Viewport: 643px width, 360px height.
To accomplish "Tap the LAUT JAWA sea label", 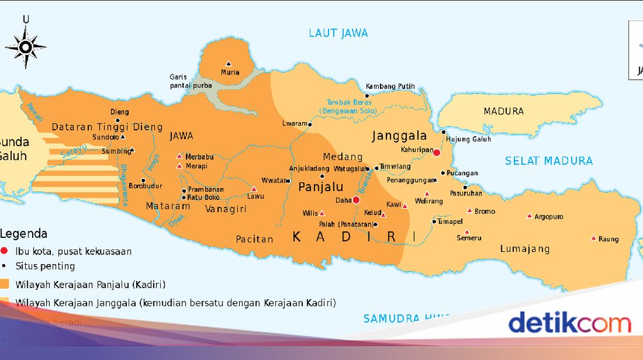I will (x=338, y=33).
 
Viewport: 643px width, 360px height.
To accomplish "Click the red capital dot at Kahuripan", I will (x=437, y=153).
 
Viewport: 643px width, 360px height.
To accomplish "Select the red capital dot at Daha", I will (x=356, y=200).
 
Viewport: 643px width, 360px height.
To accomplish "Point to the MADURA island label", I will (x=503, y=111).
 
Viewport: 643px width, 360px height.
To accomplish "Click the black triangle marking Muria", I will (x=229, y=63).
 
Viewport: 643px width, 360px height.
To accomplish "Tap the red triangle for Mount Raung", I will (x=593, y=238).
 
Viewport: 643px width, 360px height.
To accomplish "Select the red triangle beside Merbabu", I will (x=180, y=156).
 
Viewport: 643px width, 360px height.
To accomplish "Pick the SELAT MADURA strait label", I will (x=549, y=161).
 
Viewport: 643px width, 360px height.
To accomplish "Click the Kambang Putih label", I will (x=390, y=86).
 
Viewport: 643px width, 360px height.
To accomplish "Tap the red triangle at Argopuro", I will (x=529, y=216).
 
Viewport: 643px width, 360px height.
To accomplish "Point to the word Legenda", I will (x=24, y=234).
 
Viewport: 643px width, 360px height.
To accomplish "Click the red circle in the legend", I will (x=5, y=251).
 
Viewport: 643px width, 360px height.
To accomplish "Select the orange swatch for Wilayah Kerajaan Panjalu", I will (x=5, y=284).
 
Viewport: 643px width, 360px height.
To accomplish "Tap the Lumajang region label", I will (x=525, y=249).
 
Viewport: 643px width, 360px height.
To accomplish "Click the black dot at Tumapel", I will (x=434, y=221).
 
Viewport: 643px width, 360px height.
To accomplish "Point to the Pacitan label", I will (x=255, y=239).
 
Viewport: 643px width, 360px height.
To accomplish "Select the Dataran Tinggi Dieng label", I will (x=107, y=127).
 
